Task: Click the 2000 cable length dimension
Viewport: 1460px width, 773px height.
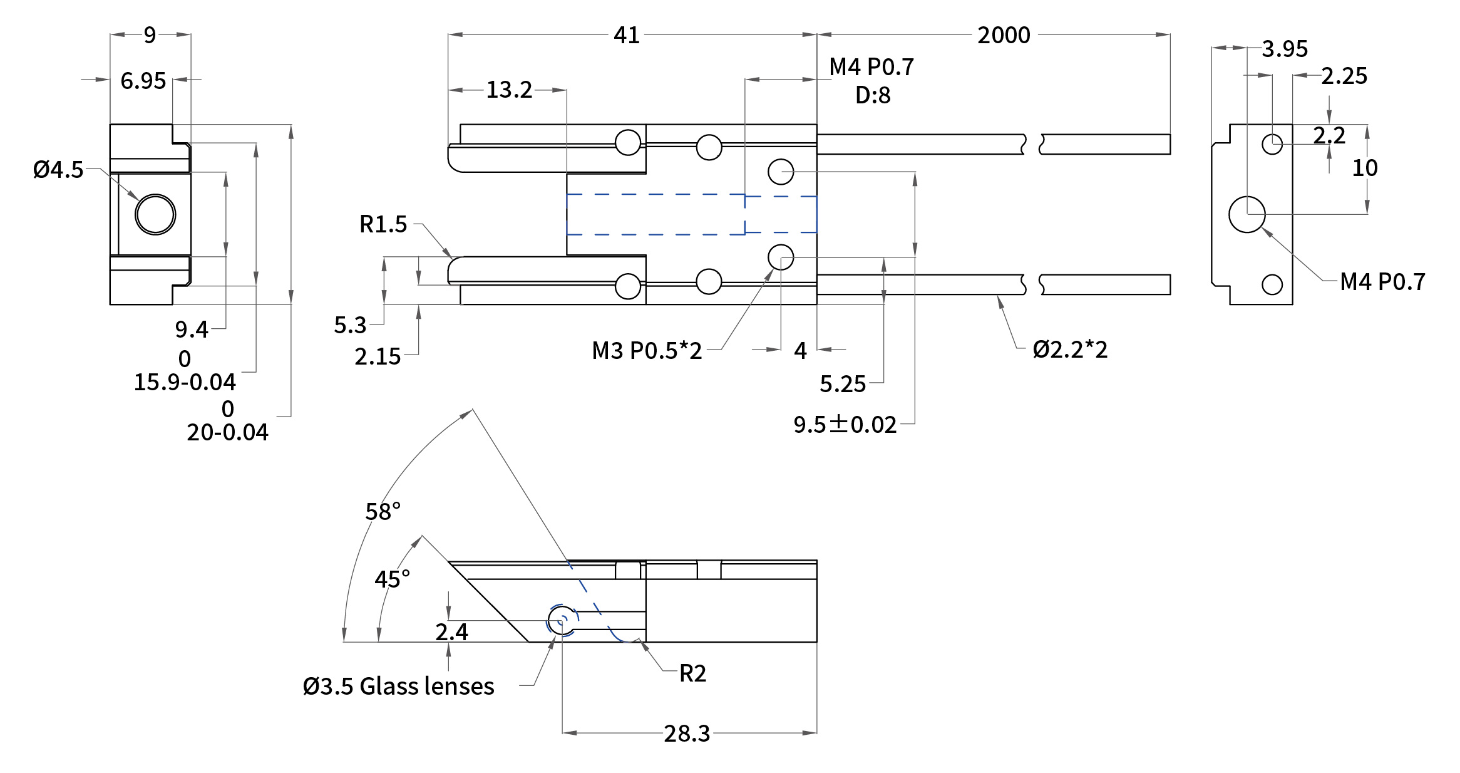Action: [x=1004, y=35]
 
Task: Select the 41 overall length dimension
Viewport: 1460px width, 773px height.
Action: [x=627, y=35]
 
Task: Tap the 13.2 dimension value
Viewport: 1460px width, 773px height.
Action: [x=509, y=90]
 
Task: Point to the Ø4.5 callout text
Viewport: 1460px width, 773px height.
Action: [x=58, y=169]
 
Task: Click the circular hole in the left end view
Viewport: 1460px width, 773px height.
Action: [x=155, y=214]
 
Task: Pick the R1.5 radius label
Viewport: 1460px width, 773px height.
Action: [x=383, y=224]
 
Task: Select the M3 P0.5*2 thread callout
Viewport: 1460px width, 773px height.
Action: [x=647, y=350]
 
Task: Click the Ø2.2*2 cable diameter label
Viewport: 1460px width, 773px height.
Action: [x=1070, y=349]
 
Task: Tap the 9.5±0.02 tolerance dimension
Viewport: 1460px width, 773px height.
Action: [x=845, y=424]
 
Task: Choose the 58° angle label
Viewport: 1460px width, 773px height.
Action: [x=383, y=511]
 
